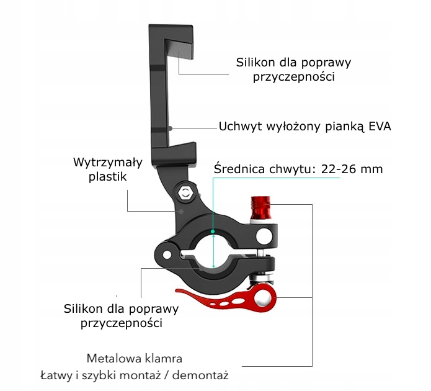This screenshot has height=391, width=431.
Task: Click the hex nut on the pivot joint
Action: [x=184, y=193]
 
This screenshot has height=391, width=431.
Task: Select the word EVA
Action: [x=380, y=127]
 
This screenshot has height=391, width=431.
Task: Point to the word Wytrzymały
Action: [x=107, y=163]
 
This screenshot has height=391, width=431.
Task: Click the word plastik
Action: [x=107, y=177]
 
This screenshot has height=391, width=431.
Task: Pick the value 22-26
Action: [x=345, y=169]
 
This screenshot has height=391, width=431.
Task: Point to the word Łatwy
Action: [x=55, y=375]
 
